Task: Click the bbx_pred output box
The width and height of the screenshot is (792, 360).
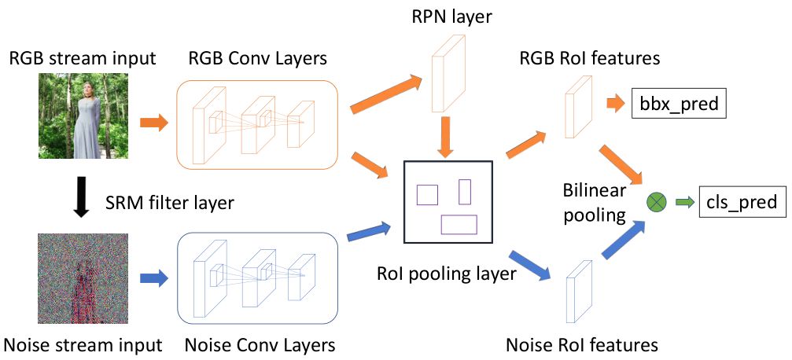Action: [678, 104]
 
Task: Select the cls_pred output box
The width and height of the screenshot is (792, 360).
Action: [739, 202]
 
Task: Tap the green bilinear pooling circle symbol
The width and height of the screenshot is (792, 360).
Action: [655, 203]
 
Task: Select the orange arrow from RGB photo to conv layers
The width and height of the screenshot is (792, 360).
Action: [153, 123]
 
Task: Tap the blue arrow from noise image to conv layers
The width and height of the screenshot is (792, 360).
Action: [154, 277]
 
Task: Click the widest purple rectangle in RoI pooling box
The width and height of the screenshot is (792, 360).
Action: [459, 224]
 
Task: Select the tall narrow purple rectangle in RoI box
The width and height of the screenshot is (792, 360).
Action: [464, 191]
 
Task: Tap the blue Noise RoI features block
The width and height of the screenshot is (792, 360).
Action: [578, 292]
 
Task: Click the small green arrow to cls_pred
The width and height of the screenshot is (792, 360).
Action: [683, 203]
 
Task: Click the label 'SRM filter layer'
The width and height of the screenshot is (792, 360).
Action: [169, 203]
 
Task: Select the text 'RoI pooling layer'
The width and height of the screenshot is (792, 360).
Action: [447, 274]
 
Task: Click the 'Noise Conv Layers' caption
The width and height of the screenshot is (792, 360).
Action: [260, 345]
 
